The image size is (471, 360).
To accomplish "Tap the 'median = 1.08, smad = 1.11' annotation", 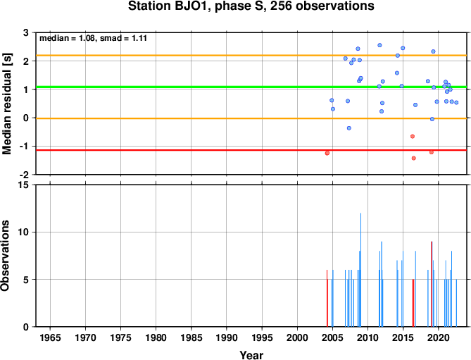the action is (x=93, y=38).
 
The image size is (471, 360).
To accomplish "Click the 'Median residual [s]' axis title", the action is (x=6, y=104).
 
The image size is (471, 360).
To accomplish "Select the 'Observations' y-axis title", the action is (x=5, y=256).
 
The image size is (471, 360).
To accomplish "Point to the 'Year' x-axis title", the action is (x=251, y=355).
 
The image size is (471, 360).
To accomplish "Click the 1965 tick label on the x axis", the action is (x=50, y=337).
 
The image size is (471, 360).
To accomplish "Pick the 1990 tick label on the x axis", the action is (x=227, y=337).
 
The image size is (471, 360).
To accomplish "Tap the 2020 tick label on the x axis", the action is (x=439, y=337).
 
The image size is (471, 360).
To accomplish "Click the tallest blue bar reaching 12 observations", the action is (x=360, y=270).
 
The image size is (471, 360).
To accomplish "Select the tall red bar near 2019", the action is (x=432, y=284).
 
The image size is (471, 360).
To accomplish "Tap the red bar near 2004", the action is (x=327, y=298).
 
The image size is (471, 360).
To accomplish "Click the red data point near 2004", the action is (x=327, y=154).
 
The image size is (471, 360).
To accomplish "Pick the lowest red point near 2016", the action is (x=414, y=159).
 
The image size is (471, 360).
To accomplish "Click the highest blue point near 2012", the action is (x=379, y=45).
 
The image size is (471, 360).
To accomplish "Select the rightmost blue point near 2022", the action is (x=456, y=102).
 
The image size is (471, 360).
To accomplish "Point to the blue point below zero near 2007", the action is (x=349, y=128).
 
